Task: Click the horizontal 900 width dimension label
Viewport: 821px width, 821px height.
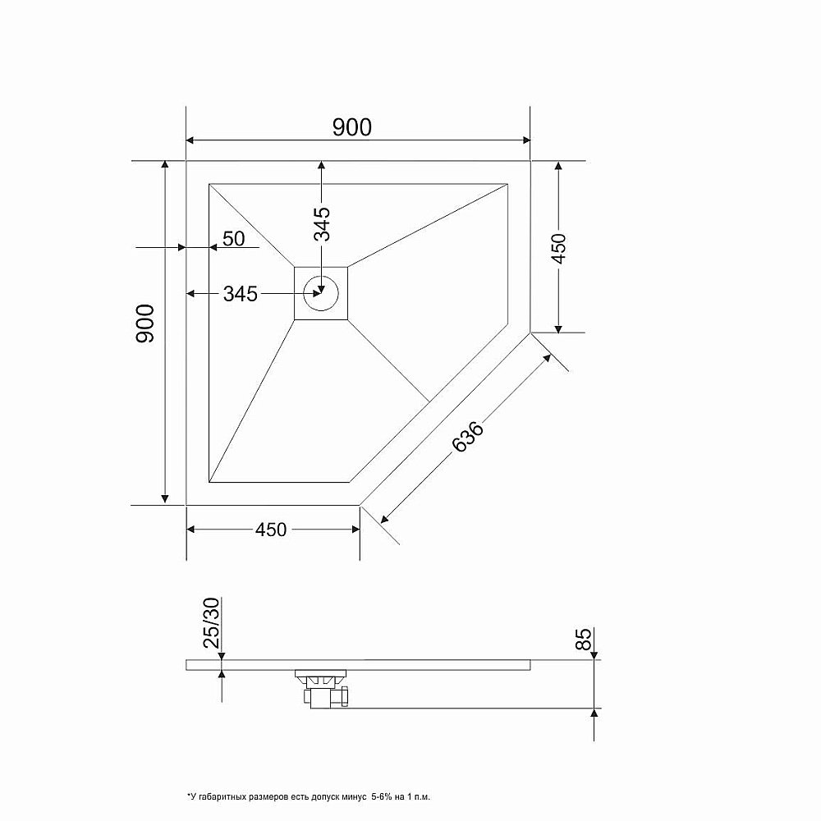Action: (352, 126)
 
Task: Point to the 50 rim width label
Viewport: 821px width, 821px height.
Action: (234, 239)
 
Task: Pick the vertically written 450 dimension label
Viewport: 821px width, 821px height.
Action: (558, 247)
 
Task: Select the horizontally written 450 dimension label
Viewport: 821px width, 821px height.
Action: (271, 530)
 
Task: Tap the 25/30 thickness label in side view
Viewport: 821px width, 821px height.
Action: (212, 624)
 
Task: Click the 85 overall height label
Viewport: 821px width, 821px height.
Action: (585, 640)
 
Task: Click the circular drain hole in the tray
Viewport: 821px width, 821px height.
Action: (321, 292)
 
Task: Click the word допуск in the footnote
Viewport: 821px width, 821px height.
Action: (331, 797)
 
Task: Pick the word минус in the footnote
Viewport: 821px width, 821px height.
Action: (358, 797)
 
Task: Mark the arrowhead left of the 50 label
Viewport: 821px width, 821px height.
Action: (180, 246)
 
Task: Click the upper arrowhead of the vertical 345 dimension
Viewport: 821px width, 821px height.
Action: (321, 167)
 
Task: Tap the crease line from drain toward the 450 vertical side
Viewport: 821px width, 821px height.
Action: (427, 225)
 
